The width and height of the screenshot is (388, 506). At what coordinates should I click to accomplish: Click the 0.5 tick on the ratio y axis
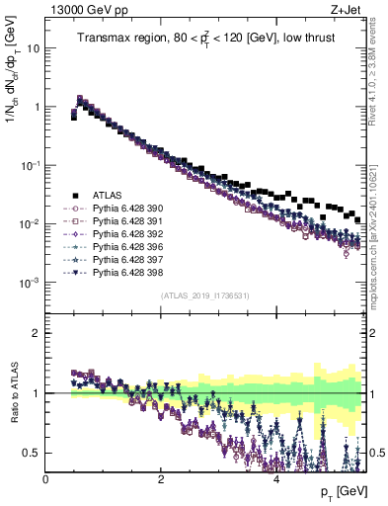(34, 453)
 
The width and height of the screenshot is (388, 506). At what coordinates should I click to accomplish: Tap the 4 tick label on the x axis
(276, 478)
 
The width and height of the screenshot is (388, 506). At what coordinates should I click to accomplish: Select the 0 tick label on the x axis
(46, 478)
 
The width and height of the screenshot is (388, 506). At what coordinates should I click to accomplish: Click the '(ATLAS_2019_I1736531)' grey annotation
(204, 295)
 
